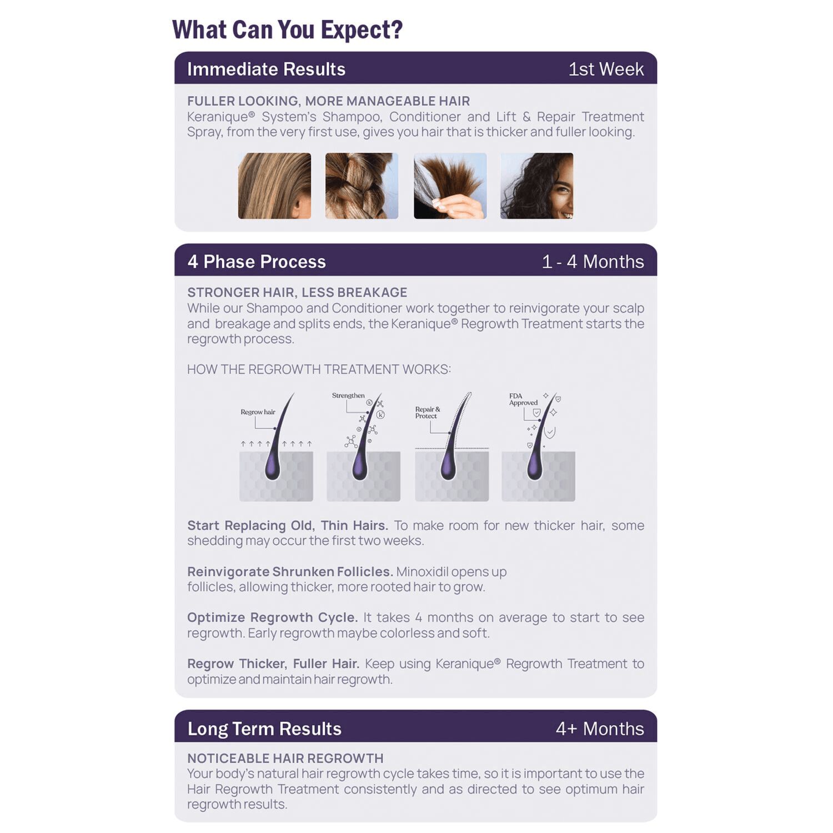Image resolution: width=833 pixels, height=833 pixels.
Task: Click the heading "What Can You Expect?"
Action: pyautogui.click(x=287, y=30)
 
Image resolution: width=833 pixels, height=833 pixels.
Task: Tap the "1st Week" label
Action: pyautogui.click(x=606, y=69)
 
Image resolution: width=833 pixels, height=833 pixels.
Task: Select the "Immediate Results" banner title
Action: pyautogui.click(x=266, y=69)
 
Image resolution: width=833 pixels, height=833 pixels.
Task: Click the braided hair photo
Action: pyautogui.click(x=362, y=186)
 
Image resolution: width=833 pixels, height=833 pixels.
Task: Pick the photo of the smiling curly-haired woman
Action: pyautogui.click(x=536, y=186)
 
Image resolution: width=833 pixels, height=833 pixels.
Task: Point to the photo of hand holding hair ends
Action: pyautogui.click(x=450, y=186)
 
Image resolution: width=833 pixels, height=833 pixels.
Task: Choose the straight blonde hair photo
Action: pyautogui.click(x=274, y=186)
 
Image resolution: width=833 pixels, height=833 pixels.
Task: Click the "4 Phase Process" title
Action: pyautogui.click(x=257, y=262)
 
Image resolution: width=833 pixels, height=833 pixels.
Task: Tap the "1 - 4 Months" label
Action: pyautogui.click(x=593, y=262)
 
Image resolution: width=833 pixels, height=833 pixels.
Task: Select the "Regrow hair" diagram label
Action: pyautogui.click(x=258, y=412)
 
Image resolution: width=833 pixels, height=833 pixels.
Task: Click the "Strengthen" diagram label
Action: pyautogui.click(x=348, y=395)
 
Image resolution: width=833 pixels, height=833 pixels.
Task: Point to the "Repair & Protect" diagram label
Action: pyautogui.click(x=427, y=413)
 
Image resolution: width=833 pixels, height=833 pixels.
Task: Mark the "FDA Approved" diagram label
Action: pyautogui.click(x=523, y=399)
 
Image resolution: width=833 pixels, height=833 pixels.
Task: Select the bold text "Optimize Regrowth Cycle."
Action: pyautogui.click(x=272, y=618)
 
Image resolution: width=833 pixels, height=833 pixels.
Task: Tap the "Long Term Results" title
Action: pyautogui.click(x=264, y=729)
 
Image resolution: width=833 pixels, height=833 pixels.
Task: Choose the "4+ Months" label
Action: pyautogui.click(x=600, y=729)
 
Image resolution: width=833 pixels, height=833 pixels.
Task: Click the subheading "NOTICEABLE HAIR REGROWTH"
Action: pyautogui.click(x=285, y=758)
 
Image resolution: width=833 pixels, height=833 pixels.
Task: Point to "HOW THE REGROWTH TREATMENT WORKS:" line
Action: pyautogui.click(x=319, y=369)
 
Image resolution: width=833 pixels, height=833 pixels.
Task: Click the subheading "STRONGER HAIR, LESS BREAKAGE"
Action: pyautogui.click(x=297, y=292)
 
